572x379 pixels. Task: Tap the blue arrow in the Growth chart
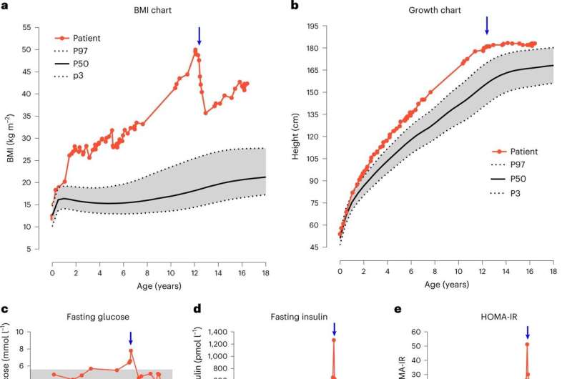(x=487, y=24)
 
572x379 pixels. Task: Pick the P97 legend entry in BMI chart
(x=76, y=51)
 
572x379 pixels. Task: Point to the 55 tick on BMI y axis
(x=26, y=27)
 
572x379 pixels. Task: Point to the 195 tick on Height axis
(x=312, y=26)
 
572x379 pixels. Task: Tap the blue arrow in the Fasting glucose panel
(x=130, y=337)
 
